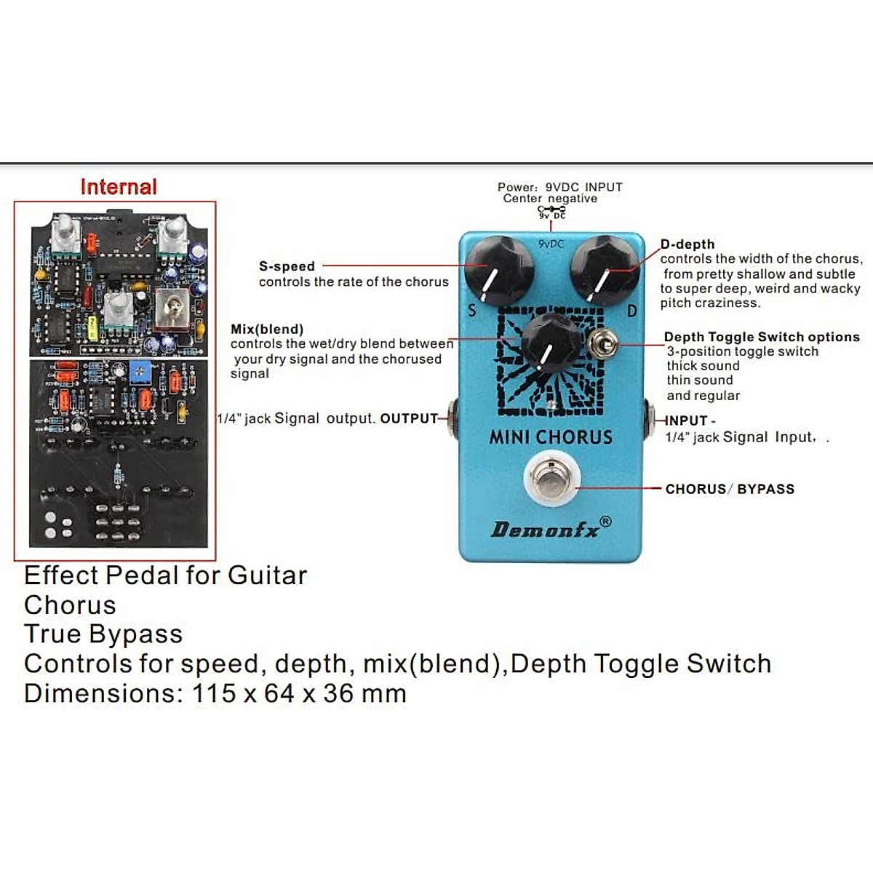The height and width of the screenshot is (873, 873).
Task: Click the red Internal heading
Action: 119,187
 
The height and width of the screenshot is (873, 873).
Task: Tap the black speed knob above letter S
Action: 498,270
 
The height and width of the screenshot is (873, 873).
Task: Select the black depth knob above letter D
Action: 603,270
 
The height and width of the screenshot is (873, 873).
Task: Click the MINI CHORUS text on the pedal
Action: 551,437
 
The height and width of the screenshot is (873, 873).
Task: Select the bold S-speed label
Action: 287,266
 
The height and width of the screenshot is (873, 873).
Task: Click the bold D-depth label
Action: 687,244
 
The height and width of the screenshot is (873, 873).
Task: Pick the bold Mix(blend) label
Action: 267,329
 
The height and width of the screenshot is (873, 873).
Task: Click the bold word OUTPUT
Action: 409,418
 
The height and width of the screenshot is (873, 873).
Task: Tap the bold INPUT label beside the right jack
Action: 687,420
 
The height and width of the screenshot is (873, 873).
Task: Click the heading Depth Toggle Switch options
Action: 762,337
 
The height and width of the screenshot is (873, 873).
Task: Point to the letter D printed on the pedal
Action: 632,311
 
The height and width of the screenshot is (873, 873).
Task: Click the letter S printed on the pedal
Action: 472,311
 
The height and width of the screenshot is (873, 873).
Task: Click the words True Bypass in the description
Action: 103,634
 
